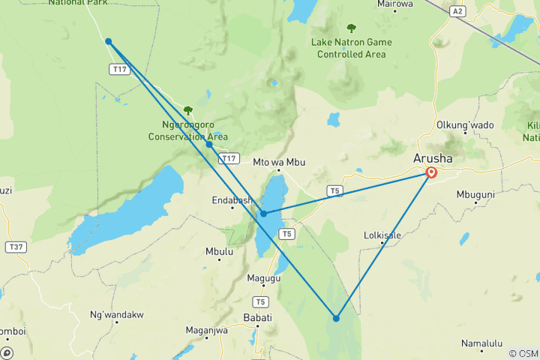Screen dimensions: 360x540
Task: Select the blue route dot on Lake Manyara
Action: (263, 214)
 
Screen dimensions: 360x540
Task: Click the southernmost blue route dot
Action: (336, 318)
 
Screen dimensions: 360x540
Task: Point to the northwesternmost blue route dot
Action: (109, 41)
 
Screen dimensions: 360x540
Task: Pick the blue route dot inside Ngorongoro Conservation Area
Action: (209, 144)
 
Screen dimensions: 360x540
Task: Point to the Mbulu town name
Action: (219, 252)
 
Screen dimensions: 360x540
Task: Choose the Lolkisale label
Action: (382, 235)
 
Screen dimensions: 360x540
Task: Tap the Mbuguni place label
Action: (475, 194)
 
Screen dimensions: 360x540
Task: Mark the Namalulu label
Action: (481, 343)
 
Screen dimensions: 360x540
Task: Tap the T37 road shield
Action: (14, 246)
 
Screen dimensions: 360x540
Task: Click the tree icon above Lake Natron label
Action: (351, 28)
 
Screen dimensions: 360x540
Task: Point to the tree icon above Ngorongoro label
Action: (188, 110)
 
